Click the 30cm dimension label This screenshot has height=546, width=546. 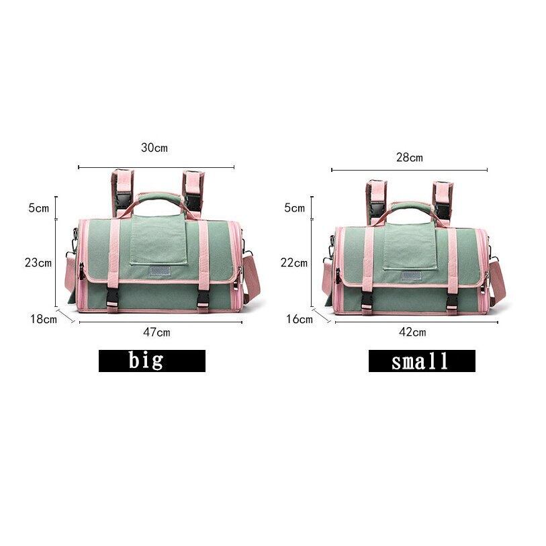pyautogui.click(x=154, y=148)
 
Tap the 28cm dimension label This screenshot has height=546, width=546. pyautogui.click(x=410, y=158)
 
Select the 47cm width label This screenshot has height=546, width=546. pyautogui.click(x=156, y=332)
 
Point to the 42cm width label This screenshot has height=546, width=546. pyautogui.click(x=412, y=332)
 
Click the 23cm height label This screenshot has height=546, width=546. pyautogui.click(x=38, y=263)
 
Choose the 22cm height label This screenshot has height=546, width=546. pyautogui.click(x=294, y=263)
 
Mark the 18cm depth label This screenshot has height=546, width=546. pyautogui.click(x=44, y=319)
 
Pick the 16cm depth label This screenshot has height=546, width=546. pyautogui.click(x=300, y=319)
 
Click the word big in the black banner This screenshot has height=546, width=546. pyautogui.click(x=146, y=360)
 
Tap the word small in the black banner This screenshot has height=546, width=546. pyautogui.click(x=420, y=361)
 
